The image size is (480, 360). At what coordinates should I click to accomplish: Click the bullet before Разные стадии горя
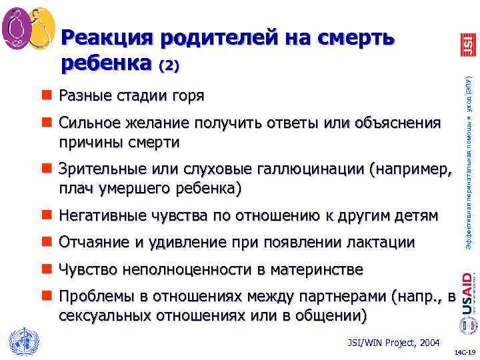pyautogui.click(x=47, y=95)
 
